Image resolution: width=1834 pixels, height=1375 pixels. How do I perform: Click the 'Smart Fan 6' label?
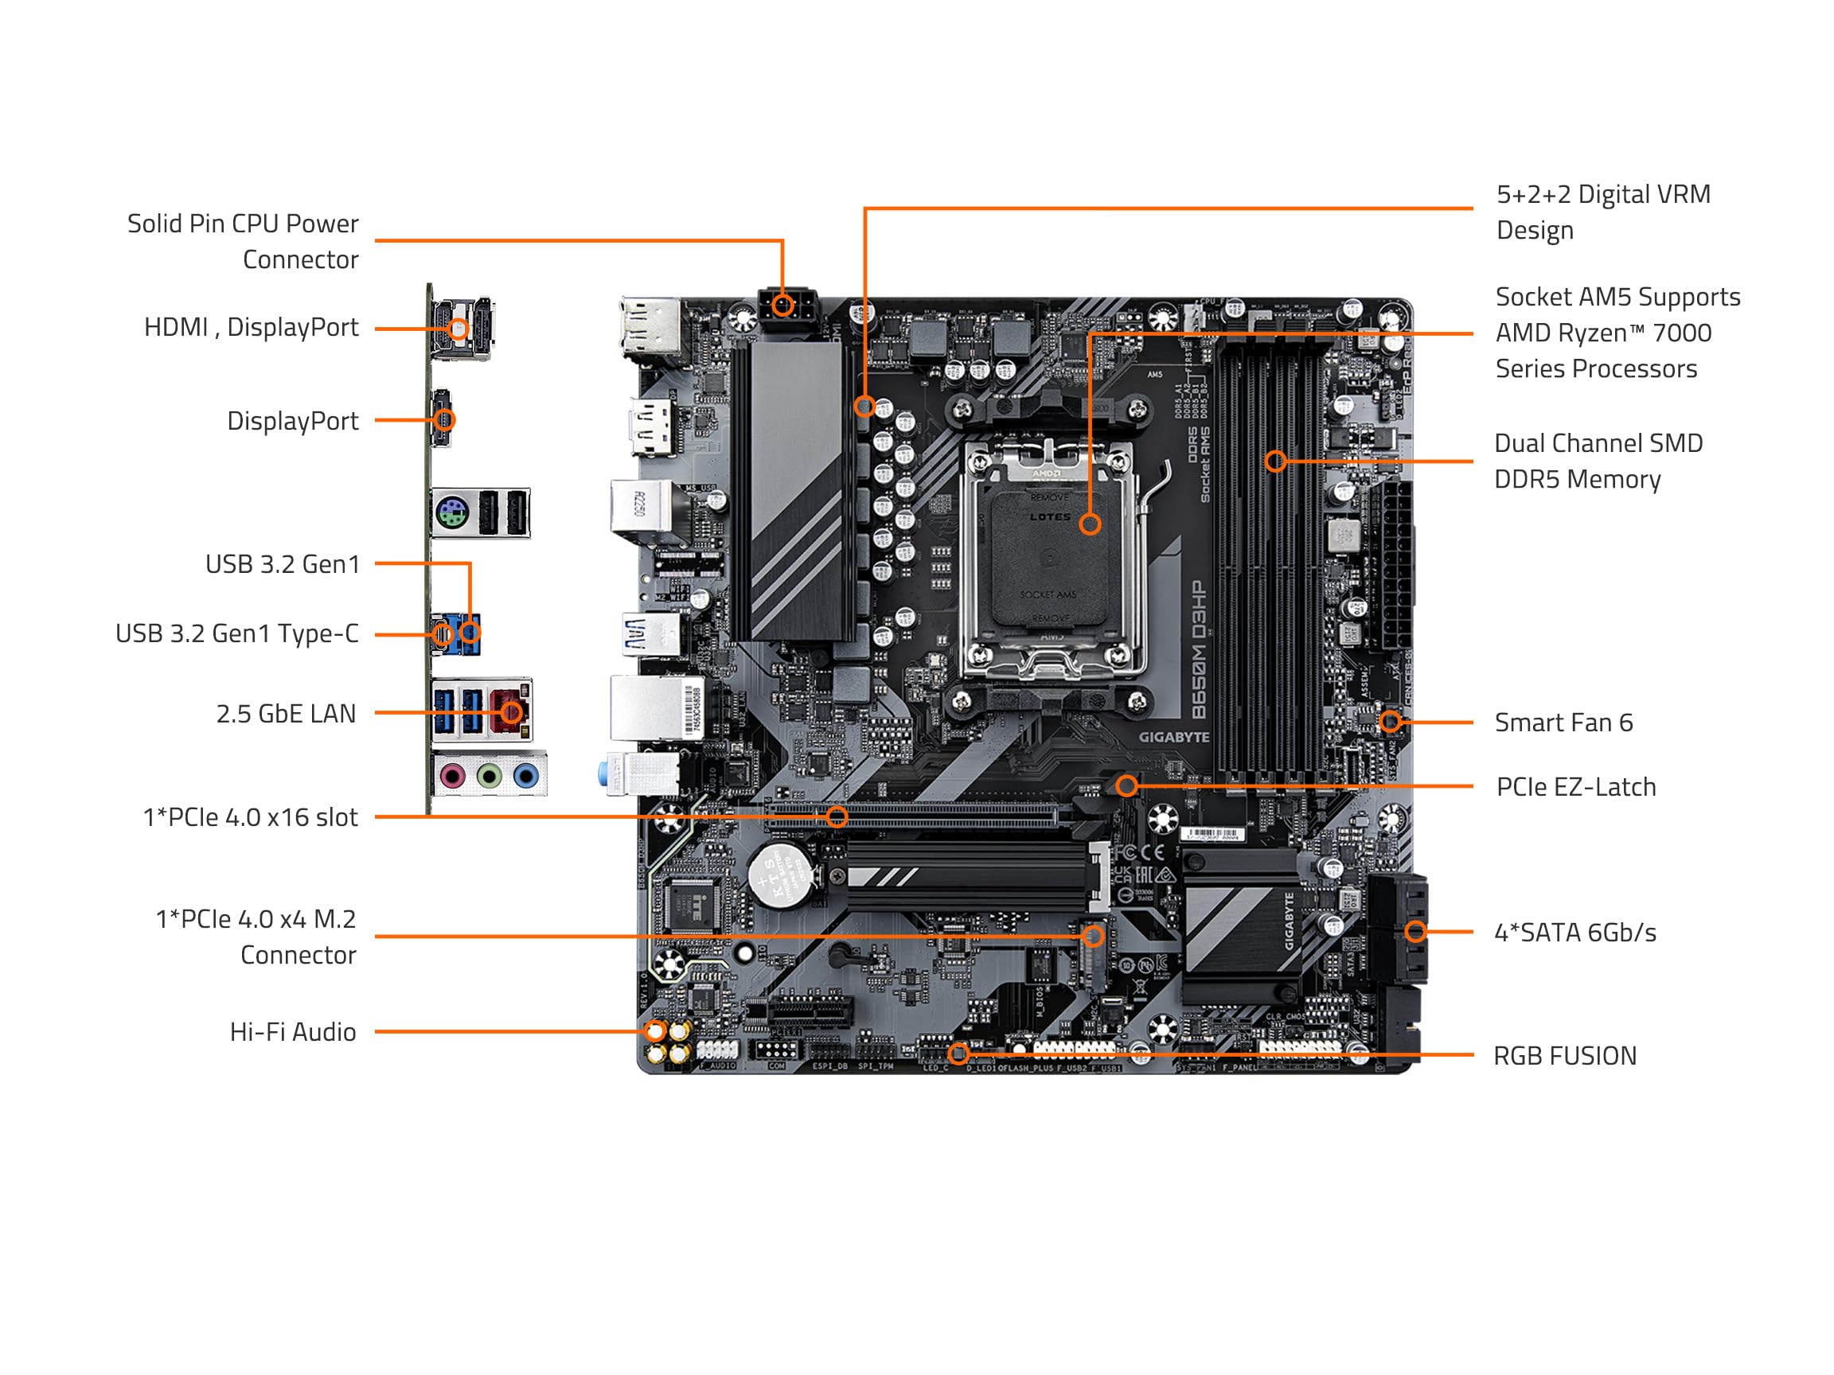(x=1563, y=723)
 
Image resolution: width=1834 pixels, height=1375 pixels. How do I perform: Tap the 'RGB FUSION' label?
(x=1564, y=1056)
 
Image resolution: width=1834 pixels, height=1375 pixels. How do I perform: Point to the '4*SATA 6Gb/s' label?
(x=1575, y=933)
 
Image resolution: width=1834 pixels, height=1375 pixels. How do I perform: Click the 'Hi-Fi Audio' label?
(x=293, y=1032)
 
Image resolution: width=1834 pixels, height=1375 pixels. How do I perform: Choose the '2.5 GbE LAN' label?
(x=286, y=714)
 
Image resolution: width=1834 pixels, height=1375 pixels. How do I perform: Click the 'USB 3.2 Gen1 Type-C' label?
(x=237, y=634)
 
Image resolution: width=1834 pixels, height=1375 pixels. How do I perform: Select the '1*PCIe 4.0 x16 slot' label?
(x=251, y=817)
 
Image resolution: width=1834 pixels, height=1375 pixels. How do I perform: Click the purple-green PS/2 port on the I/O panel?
(x=449, y=513)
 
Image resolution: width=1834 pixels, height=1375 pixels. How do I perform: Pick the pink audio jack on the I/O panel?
(x=451, y=777)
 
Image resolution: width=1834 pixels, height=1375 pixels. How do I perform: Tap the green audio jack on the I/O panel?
(x=490, y=777)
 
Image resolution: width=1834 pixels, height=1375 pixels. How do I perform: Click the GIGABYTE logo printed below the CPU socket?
(x=1173, y=737)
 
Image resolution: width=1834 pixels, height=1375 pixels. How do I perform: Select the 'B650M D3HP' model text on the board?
(x=1198, y=651)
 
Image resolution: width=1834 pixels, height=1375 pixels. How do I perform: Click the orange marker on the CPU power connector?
(x=782, y=306)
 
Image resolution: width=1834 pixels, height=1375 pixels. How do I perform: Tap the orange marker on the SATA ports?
(x=1415, y=932)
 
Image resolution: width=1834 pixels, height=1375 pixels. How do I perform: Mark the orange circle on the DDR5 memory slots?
(x=1276, y=461)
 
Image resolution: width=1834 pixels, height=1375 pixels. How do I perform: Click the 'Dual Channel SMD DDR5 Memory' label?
(x=1598, y=461)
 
